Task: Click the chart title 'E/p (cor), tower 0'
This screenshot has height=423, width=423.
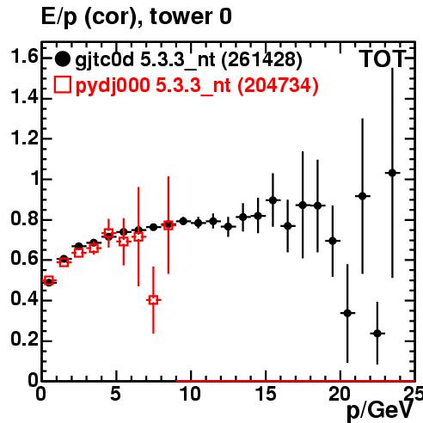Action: [137, 16]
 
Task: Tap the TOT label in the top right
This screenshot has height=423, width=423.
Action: [383, 59]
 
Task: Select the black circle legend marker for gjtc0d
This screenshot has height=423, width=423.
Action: [62, 59]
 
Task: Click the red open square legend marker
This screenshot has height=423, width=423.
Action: [62, 85]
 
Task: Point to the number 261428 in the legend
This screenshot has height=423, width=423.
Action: [262, 59]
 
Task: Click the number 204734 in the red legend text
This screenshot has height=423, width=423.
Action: [278, 85]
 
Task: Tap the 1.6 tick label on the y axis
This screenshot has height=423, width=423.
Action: [24, 57]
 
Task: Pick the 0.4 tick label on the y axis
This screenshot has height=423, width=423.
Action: [24, 299]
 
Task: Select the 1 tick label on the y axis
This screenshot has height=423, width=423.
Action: [35, 179]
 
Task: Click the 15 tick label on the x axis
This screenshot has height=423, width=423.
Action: [267, 394]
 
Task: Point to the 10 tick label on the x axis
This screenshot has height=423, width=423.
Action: [191, 394]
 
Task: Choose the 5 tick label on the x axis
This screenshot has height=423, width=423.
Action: [115, 394]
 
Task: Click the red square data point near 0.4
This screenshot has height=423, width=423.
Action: [153, 300]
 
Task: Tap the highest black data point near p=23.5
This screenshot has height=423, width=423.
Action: [392, 173]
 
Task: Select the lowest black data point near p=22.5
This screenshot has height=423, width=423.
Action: [377, 334]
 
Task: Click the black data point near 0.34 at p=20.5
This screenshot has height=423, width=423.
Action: [347, 313]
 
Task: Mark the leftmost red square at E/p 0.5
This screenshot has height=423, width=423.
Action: [49, 281]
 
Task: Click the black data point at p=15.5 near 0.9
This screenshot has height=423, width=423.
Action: [273, 200]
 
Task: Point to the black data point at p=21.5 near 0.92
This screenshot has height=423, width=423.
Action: [363, 196]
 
